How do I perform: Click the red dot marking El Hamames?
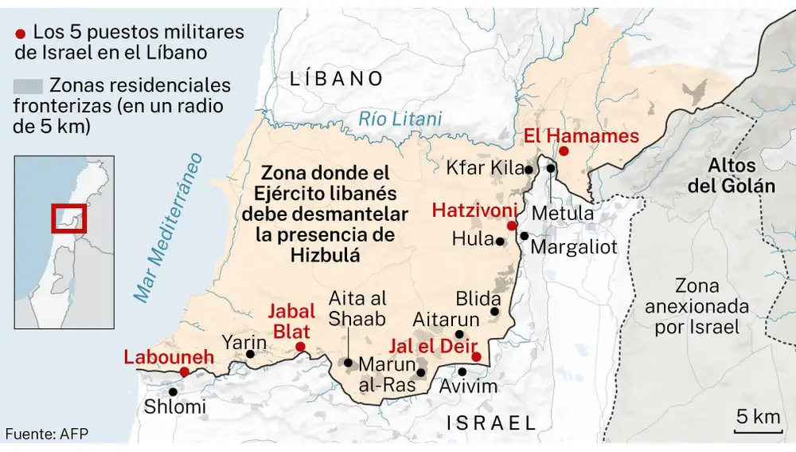(563, 151)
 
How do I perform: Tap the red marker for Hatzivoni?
(511, 226)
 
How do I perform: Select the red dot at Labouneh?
(184, 371)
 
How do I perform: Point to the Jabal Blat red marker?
(300, 346)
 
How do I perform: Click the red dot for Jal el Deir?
(476, 356)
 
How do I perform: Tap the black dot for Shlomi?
(173, 391)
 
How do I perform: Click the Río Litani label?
(400, 120)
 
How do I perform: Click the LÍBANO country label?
(337, 78)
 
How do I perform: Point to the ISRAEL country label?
(491, 422)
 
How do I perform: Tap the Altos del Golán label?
(741, 176)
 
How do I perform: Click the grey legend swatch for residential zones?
(28, 86)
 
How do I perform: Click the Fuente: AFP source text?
(47, 434)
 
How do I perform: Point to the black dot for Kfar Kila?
(529, 169)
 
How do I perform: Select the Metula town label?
(562, 214)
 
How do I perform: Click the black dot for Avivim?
(462, 371)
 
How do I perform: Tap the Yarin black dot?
(251, 354)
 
